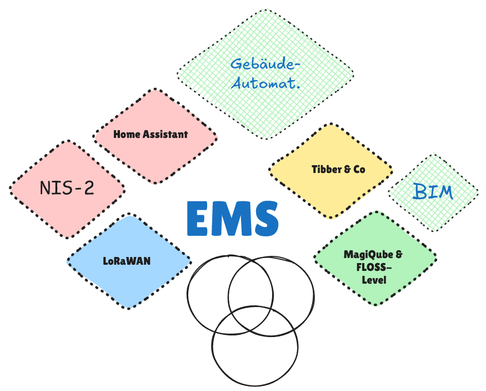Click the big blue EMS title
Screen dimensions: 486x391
pyautogui.click(x=233, y=219)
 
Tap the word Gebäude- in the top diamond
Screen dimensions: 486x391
pyautogui.click(x=265, y=64)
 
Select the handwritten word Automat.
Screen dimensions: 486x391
pyautogui.click(x=266, y=83)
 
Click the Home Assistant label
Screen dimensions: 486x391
pyautogui.click(x=151, y=135)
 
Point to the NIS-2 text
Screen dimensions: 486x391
pyautogui.click(x=67, y=188)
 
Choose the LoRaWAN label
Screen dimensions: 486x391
pyautogui.click(x=127, y=261)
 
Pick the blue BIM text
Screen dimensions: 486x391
pyautogui.click(x=433, y=191)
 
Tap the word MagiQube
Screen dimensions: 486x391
pyautogui.click(x=369, y=255)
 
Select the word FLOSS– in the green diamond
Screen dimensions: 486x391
pyautogui.click(x=374, y=267)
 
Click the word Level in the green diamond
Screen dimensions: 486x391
pyautogui.click(x=374, y=280)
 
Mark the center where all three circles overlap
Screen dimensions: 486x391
pyautogui.click(x=252, y=320)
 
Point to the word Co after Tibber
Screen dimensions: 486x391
pyautogui.click(x=359, y=170)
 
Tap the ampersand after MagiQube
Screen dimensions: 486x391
pyautogui.click(x=399, y=255)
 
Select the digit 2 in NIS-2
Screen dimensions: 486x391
pyautogui.click(x=89, y=188)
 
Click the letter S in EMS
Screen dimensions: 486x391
pyautogui.click(x=266, y=219)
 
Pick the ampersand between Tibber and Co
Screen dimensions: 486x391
pyautogui.click(x=348, y=170)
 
